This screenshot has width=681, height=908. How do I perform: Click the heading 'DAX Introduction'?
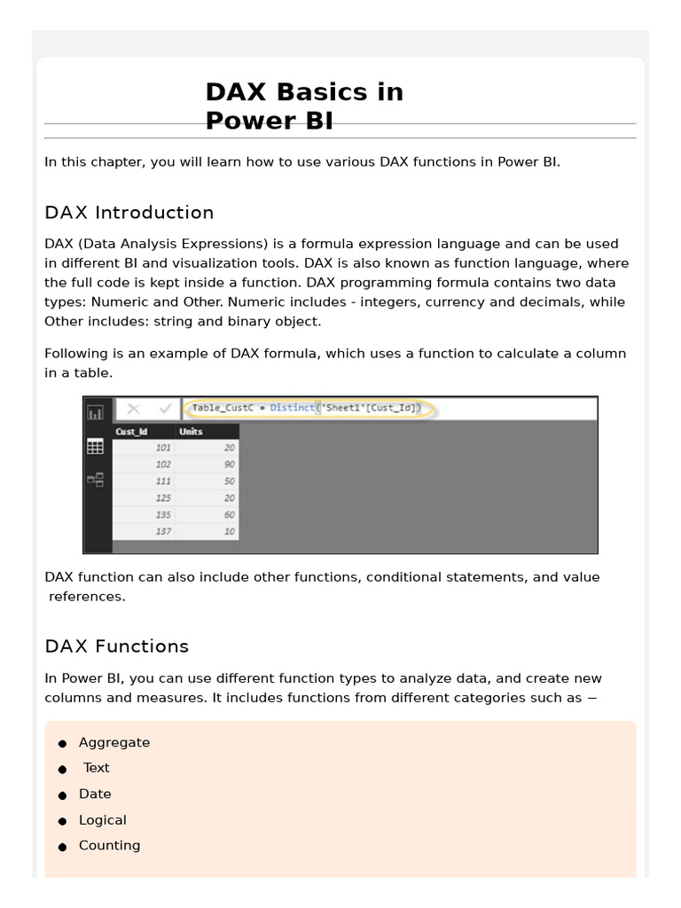(x=129, y=213)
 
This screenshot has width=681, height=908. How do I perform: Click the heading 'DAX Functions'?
(x=117, y=646)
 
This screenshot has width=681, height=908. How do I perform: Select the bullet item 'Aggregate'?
(x=114, y=743)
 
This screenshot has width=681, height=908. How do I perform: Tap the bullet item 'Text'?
(x=97, y=768)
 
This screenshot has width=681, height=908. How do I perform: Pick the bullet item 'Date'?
(x=95, y=794)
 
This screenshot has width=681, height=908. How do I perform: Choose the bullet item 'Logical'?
(x=103, y=820)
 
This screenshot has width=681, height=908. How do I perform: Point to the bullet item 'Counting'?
(x=109, y=846)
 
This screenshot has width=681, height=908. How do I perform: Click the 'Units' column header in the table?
(x=191, y=432)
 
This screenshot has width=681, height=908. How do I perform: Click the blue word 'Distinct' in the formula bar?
(x=292, y=409)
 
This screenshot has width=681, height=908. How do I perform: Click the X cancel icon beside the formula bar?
(x=133, y=409)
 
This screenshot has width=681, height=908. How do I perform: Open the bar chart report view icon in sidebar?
(x=95, y=412)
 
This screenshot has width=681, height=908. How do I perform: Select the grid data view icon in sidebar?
(x=95, y=447)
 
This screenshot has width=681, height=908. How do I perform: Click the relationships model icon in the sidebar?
(x=95, y=480)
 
